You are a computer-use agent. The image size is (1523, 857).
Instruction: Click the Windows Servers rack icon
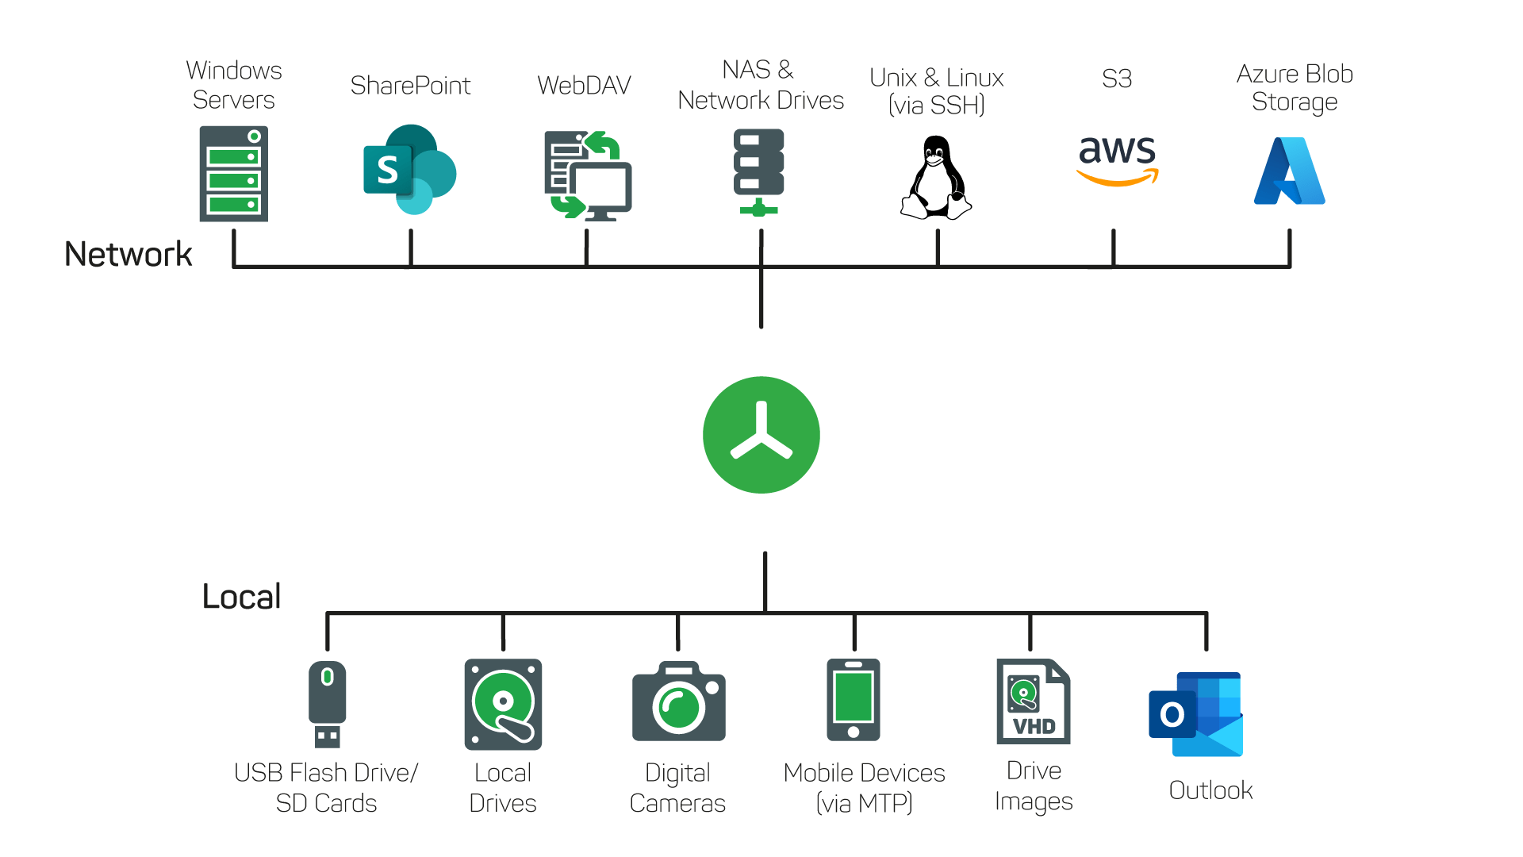234,174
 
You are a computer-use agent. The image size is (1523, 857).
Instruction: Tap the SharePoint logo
409,169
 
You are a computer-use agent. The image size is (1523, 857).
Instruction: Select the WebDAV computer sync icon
588,175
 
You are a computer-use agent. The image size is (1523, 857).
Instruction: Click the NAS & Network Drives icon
759,173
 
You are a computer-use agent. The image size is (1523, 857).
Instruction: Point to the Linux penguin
936,177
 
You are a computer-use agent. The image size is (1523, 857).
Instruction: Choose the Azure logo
1290,171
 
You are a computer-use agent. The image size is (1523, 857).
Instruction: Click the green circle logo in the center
761,435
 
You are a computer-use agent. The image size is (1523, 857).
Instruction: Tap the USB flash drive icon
327,705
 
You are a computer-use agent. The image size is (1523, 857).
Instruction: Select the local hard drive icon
503,705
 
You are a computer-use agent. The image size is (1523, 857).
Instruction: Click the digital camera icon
679,701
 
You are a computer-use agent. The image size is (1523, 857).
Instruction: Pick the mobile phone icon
854,700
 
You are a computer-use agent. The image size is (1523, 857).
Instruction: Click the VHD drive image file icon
1034,701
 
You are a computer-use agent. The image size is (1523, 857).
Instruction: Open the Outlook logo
1196,714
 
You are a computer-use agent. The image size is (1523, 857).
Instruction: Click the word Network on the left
129,255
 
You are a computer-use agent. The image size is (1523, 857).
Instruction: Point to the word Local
242,597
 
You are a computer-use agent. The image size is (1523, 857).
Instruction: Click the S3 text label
1117,79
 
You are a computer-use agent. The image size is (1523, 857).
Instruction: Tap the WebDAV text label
585,85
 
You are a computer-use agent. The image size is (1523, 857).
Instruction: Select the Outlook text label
1211,790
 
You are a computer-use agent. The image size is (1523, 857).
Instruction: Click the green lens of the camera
679,707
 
